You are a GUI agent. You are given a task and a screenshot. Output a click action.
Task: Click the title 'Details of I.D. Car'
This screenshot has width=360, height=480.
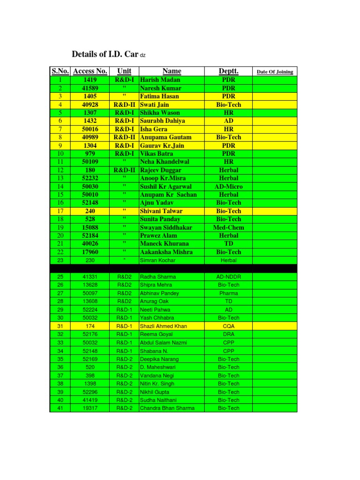(105, 54)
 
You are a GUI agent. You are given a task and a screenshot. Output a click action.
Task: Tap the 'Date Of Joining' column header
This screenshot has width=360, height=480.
(275, 72)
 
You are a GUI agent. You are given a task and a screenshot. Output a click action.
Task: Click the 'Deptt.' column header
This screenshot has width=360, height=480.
(228, 71)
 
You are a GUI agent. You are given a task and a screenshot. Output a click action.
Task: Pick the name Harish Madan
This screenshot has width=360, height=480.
(160, 80)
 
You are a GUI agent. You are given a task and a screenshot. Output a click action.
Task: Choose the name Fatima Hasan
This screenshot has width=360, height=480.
(159, 97)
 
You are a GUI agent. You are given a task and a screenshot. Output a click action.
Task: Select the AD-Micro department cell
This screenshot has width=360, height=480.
(228, 187)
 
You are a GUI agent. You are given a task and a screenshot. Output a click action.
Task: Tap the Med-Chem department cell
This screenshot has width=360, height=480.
(228, 227)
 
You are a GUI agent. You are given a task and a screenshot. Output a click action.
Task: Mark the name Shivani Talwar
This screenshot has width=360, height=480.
(161, 211)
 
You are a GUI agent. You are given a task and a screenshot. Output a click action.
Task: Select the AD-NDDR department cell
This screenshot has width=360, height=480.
(228, 277)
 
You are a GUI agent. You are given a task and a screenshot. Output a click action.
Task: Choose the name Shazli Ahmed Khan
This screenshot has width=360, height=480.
(163, 326)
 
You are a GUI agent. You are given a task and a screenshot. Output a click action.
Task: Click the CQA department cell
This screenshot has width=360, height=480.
(228, 326)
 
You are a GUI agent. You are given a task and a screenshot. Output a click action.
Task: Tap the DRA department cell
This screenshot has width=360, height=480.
(228, 334)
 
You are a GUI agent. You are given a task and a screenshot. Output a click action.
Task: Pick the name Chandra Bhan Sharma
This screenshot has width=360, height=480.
(167, 408)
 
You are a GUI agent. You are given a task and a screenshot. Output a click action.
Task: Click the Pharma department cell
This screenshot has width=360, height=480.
(228, 293)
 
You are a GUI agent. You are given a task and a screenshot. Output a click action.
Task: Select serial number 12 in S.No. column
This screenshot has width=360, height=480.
(60, 170)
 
